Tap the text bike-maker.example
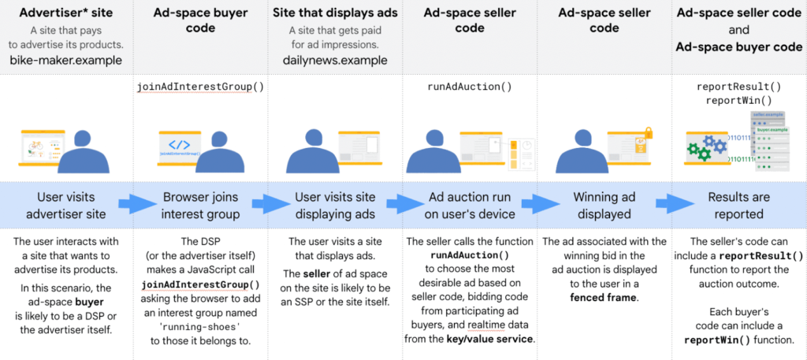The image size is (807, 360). pos(65,60)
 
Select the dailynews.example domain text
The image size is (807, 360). pos(335,60)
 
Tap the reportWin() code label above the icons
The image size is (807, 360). pos(738,101)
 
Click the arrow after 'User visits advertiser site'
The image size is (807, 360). pos(128,204)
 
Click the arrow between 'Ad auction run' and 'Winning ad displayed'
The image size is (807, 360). pos(533,204)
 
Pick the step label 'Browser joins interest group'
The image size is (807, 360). pos(200,205)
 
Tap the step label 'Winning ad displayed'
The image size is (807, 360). pos(603,205)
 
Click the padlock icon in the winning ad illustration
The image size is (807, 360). pos(649,133)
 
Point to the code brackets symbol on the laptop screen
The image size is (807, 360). pos(179,144)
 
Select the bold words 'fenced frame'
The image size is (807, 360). pos(603,298)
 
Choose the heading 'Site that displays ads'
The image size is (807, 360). pos(335,13)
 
